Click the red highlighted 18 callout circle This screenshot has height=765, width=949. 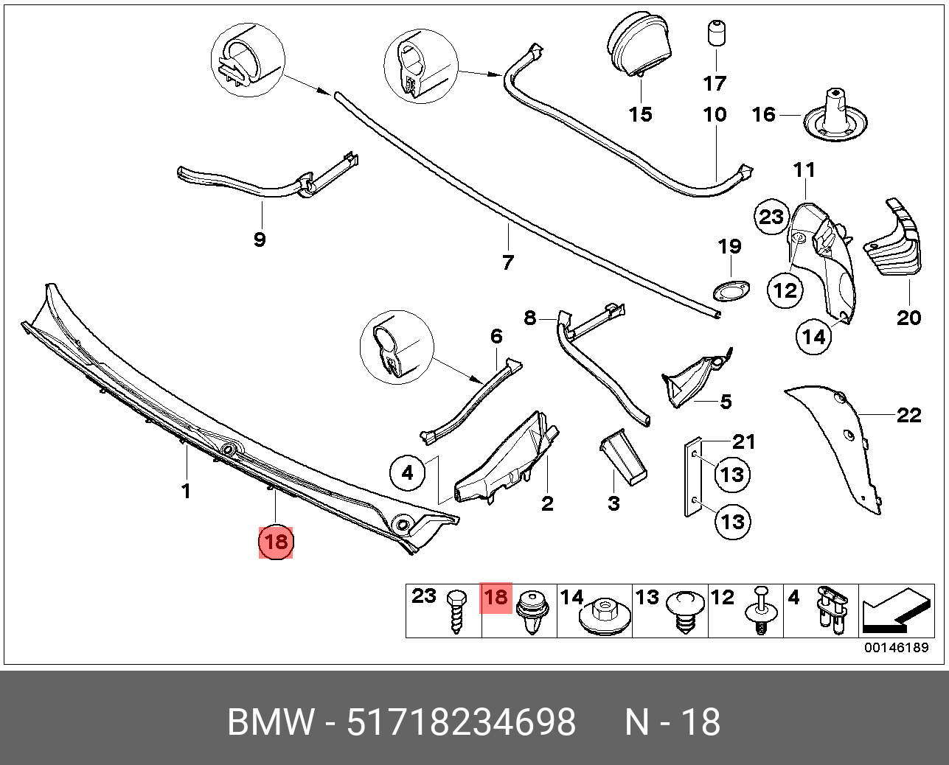[x=276, y=542]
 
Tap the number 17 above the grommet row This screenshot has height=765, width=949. [x=715, y=83]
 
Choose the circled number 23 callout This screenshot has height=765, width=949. [x=771, y=217]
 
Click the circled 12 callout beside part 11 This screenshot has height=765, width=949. [x=785, y=290]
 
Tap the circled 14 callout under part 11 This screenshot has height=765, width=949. [x=814, y=337]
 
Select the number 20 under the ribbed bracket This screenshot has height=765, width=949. [x=909, y=317]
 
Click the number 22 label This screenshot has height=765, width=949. [x=909, y=416]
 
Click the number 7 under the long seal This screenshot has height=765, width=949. [x=507, y=262]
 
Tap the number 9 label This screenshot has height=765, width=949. [x=259, y=240]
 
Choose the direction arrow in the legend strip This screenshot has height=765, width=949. [x=894, y=612]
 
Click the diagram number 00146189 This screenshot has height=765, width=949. [x=897, y=648]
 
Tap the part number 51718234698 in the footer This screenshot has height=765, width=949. [x=462, y=722]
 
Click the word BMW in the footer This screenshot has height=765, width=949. [x=271, y=722]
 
